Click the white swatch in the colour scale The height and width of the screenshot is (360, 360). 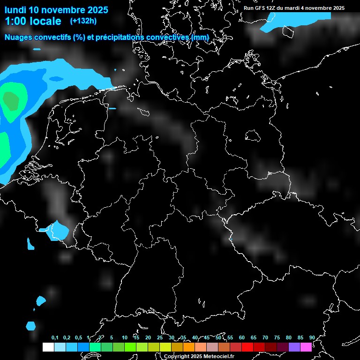(48, 347)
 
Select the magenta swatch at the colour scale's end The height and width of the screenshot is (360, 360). (306, 347)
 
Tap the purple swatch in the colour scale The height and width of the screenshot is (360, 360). (294, 347)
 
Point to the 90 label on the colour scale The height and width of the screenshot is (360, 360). (312, 337)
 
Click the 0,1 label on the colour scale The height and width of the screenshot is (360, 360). (55, 337)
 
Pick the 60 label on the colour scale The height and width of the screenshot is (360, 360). (242, 337)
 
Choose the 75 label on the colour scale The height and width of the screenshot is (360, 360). (277, 337)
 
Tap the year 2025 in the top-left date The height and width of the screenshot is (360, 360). (97, 10)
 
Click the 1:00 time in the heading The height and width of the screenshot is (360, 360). (15, 21)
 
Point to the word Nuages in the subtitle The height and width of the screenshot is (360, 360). (18, 37)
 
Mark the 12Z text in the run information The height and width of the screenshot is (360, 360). (272, 8)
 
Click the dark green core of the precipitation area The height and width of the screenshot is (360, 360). (10, 100)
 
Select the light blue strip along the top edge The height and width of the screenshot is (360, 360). (300, 16)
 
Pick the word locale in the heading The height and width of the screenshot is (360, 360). (45, 21)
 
